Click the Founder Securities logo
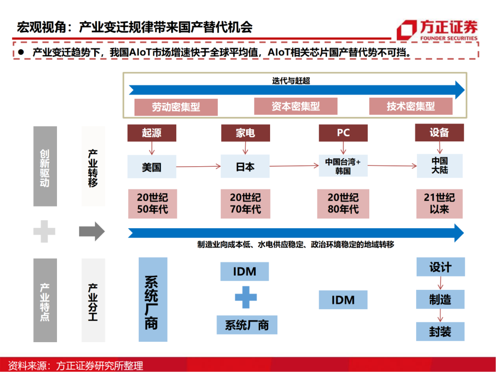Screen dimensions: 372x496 pyautogui.click(x=437, y=30)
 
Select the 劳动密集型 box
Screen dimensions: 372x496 pyautogui.click(x=176, y=107)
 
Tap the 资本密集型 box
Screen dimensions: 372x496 pyautogui.click(x=295, y=107)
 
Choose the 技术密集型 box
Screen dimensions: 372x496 pyautogui.click(x=411, y=107)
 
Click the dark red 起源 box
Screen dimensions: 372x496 pyautogui.click(x=151, y=133)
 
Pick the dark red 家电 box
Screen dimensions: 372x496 pyautogui.click(x=245, y=133)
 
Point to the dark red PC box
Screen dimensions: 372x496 pyautogui.click(x=343, y=133)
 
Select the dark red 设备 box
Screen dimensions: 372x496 pyautogui.click(x=439, y=132)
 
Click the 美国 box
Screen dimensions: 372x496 pyautogui.click(x=151, y=167)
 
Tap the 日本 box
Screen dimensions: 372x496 pyautogui.click(x=245, y=166)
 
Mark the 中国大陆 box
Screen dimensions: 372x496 pyautogui.click(x=439, y=166)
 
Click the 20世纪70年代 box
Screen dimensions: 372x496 pyautogui.click(x=245, y=203)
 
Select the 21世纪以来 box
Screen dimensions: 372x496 pyautogui.click(x=439, y=203)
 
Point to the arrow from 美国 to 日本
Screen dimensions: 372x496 pyautogui.click(x=198, y=167)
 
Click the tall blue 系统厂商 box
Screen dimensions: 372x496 pyautogui.click(x=153, y=299)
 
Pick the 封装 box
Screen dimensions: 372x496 pyautogui.click(x=440, y=332)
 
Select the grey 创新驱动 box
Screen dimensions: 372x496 pyautogui.click(x=45, y=166)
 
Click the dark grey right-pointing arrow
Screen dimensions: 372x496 pyautogui.click(x=92, y=231)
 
